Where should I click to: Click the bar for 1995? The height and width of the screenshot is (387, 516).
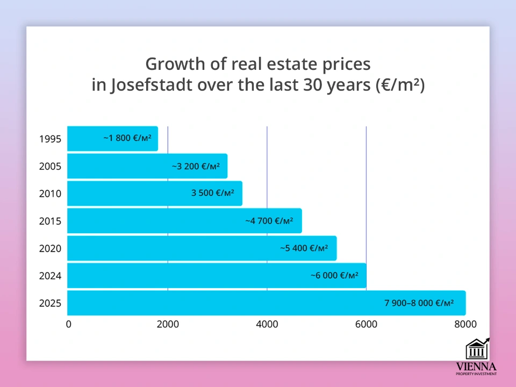[113, 139]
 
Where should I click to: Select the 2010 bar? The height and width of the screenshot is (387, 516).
[155, 193]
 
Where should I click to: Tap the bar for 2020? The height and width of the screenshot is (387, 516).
[202, 248]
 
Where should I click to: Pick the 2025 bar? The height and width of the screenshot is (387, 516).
[266, 303]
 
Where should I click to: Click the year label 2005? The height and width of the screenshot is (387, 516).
[50, 167]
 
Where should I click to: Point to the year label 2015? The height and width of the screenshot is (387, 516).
[50, 221]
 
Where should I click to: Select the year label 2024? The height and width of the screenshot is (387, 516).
[50, 276]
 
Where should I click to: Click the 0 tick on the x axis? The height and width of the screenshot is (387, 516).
[68, 324]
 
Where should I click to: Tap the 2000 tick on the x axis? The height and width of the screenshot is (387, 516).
[168, 324]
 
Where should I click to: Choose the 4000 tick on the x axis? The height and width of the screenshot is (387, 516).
[267, 324]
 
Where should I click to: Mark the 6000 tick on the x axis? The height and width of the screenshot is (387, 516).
[366, 324]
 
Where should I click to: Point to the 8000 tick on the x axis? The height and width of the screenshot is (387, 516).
[465, 324]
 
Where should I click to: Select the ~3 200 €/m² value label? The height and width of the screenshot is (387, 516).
[196, 167]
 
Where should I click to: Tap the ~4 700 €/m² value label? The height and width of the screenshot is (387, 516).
[269, 221]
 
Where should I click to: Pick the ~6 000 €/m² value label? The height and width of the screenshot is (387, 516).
[334, 276]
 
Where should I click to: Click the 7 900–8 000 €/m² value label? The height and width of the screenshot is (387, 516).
[419, 303]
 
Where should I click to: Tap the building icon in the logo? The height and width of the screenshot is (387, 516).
[477, 349]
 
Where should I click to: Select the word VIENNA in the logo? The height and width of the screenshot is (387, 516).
[476, 367]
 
